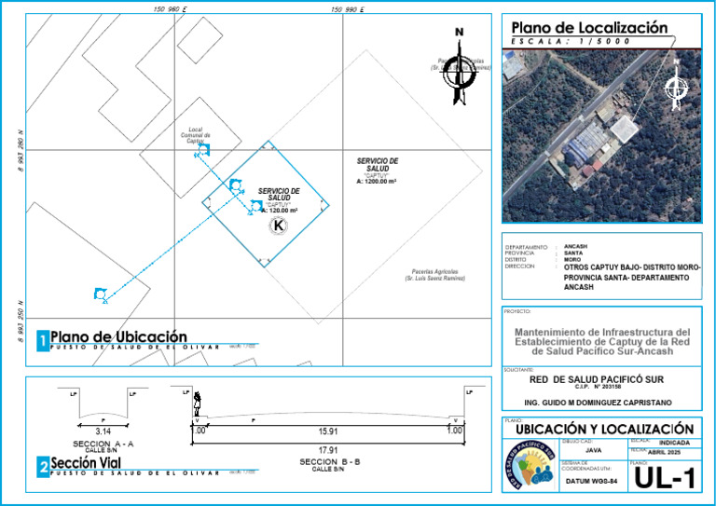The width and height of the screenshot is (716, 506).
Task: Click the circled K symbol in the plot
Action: pos(278,226)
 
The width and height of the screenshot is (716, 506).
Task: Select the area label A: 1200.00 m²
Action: pos(377,182)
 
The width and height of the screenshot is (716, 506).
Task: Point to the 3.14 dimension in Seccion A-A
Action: pos(103,431)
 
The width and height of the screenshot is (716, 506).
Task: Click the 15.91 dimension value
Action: pos(327,431)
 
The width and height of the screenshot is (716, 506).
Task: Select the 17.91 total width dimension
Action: pos(327,450)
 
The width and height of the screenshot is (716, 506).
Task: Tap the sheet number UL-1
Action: pos(666,479)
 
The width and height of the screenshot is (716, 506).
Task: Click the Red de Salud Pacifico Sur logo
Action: pos(530,466)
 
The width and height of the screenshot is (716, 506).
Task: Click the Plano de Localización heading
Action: pos(589,28)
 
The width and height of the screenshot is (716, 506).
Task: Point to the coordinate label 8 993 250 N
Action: pos(20,320)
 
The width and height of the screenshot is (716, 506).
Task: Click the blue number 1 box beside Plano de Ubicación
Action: pos(43,342)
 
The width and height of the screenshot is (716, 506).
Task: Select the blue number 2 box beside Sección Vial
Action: pos(43,468)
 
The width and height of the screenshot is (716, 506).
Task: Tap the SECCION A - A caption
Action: pos(103,444)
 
